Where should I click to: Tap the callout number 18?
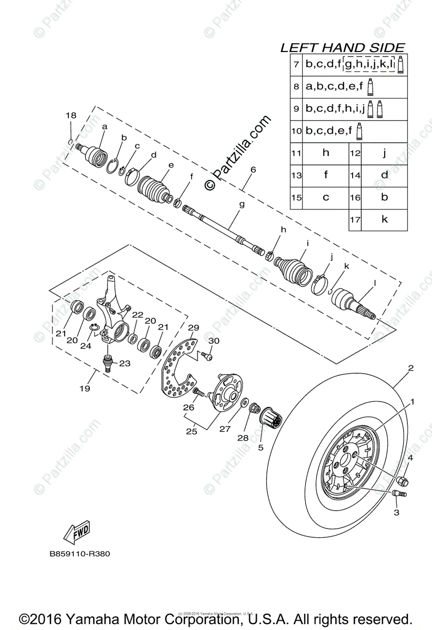coord(71,115)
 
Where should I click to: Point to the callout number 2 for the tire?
coord(411,368)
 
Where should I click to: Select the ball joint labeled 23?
coord(108,363)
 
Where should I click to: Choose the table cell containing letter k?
coord(384,219)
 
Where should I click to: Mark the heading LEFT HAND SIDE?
coord(343,48)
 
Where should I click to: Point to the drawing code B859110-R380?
coord(80,553)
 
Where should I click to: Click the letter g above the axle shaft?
coord(242,205)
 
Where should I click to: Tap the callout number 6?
coord(252,170)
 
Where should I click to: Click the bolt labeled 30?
coord(207,356)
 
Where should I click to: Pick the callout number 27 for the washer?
coord(225,428)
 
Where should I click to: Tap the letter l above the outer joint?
coord(374,283)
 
